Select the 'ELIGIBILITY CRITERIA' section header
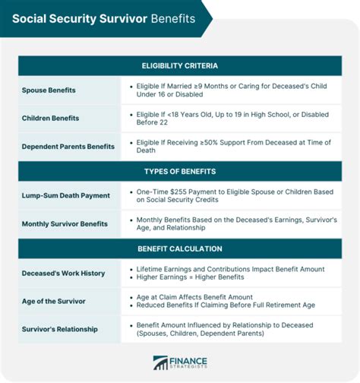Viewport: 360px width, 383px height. click(180, 66)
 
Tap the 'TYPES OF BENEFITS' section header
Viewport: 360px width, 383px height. click(180, 171)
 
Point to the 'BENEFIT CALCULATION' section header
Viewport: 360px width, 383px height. click(180, 248)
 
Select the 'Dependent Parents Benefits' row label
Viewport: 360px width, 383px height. click(68, 146)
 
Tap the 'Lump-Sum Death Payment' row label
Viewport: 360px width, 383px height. click(66, 195)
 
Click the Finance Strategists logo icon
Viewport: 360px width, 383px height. click(160, 362)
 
